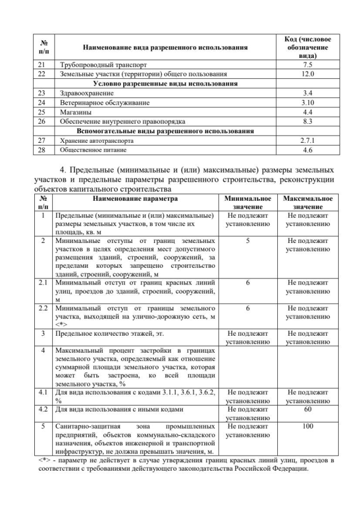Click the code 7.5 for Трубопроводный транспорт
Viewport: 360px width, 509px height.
point(307,65)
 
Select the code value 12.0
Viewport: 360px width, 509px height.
point(307,74)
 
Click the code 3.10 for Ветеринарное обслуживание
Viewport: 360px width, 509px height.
point(307,102)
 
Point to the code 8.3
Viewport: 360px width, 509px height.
point(307,121)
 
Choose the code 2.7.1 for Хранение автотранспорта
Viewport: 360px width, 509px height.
point(307,141)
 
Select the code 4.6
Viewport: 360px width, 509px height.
point(307,150)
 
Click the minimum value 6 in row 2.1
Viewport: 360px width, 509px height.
point(247,283)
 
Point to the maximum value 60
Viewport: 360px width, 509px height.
point(307,409)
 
